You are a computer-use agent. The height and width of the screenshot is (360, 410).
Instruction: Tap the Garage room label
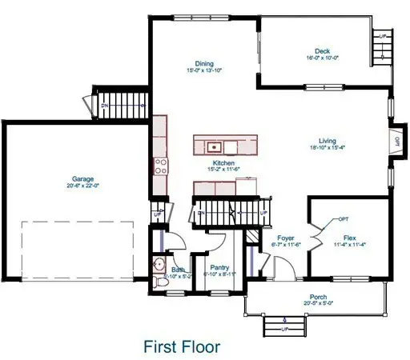tap(82, 178)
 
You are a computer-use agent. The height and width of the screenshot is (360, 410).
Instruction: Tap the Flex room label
tap(349, 238)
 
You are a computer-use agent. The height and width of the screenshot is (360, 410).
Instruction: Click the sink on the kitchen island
tap(214, 146)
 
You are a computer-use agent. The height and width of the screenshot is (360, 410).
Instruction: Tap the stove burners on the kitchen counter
tap(159, 167)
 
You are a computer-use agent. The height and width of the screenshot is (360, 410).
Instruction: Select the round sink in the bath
tap(158, 265)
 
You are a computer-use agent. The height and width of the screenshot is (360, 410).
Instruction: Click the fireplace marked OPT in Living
tap(396, 142)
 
